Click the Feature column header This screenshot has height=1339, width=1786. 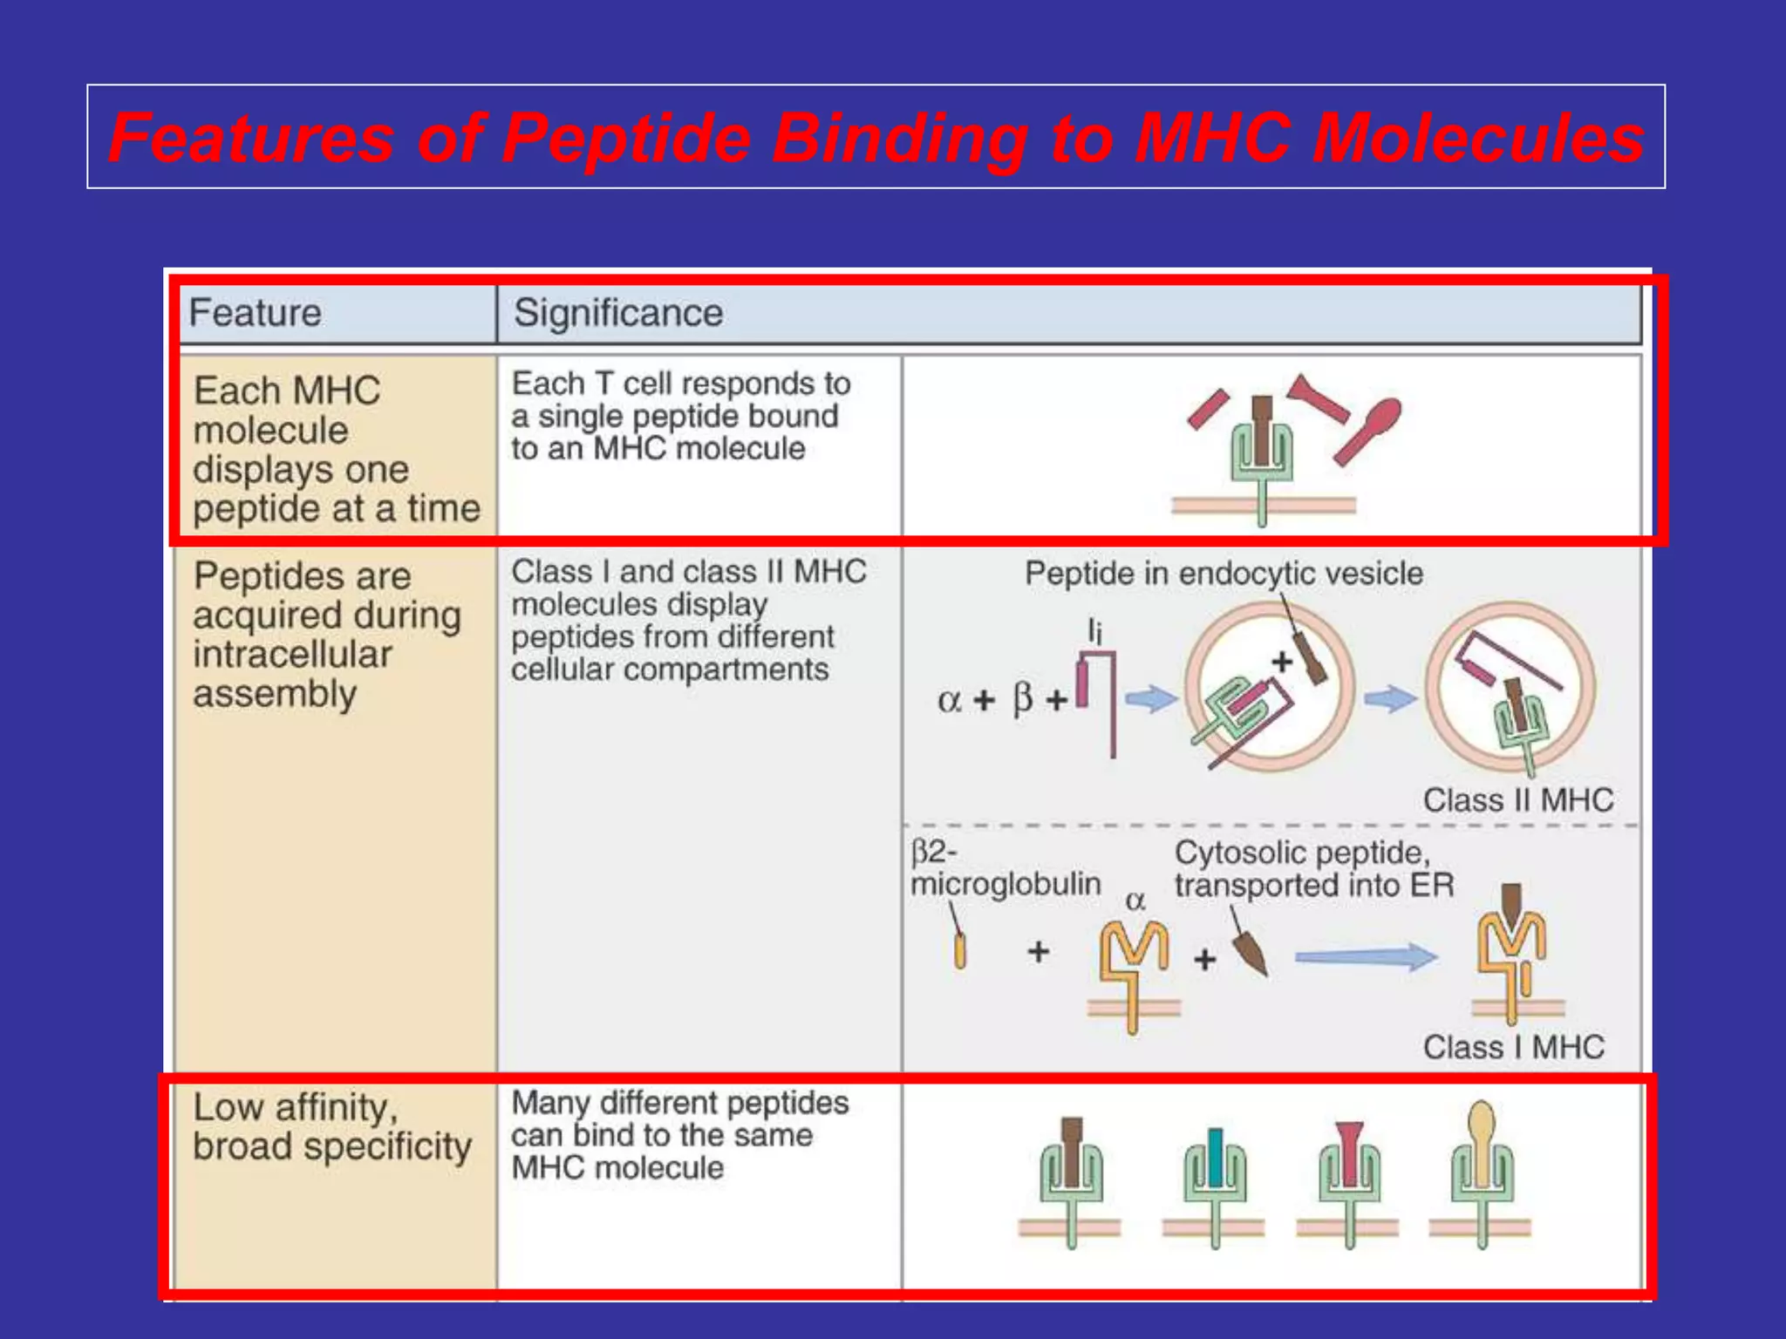tap(255, 313)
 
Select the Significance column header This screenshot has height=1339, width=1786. tap(617, 313)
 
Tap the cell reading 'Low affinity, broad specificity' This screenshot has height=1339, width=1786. tap(331, 1126)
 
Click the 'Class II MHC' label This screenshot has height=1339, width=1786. tap(1517, 800)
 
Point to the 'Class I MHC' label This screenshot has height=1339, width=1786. tap(1513, 1047)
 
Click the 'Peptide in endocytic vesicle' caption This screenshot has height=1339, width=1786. tap(1223, 574)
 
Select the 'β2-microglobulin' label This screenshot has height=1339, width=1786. tap(1005, 868)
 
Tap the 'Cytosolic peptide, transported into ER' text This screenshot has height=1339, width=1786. tap(1313, 869)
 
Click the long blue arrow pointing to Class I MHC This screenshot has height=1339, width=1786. tap(1365, 957)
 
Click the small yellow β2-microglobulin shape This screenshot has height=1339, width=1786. tap(960, 951)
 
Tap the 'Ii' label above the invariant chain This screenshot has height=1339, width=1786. tap(1094, 630)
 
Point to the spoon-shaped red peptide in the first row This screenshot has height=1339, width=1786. tap(1369, 429)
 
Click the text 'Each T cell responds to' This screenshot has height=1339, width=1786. tap(680, 384)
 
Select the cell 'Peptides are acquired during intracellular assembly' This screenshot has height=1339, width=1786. tap(327, 635)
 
